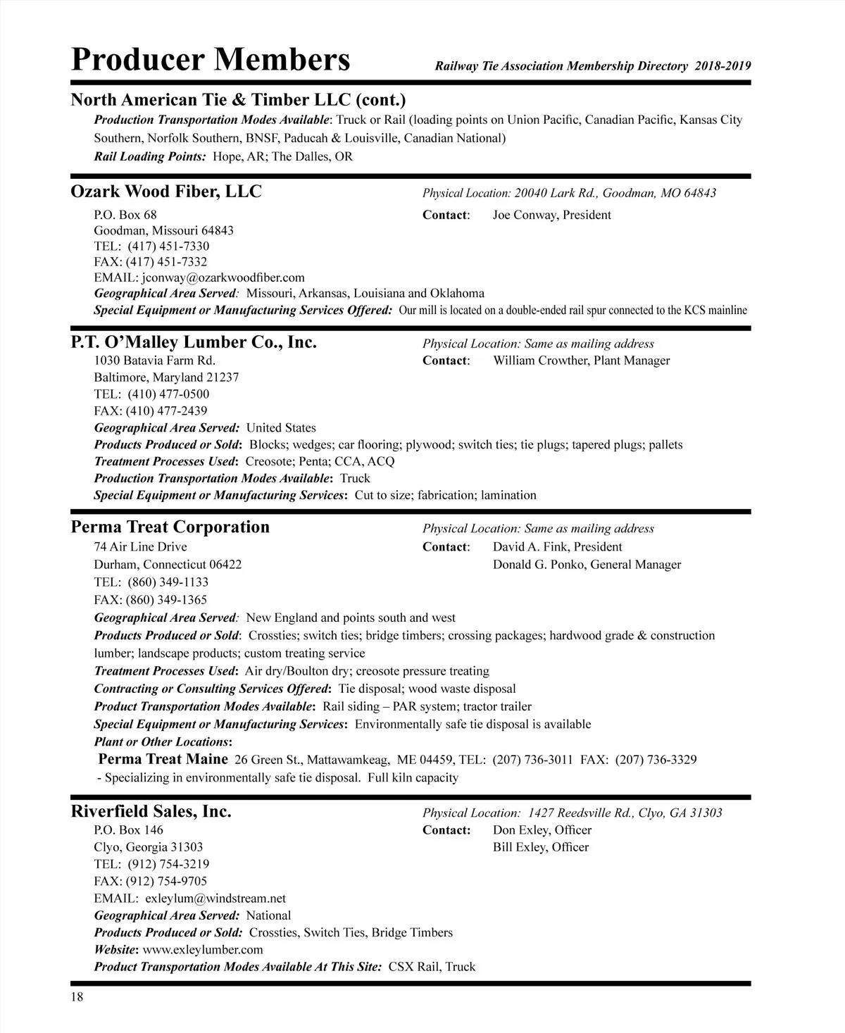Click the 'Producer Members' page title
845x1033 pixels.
click(211, 60)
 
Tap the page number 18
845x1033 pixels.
click(77, 996)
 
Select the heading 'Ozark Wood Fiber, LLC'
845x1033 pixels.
click(166, 192)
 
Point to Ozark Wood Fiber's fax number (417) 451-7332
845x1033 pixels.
click(167, 262)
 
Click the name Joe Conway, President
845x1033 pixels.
click(551, 215)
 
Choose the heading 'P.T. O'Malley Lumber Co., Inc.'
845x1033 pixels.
click(194, 342)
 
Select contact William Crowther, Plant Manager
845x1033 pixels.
click(581, 361)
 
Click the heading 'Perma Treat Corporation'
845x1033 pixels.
click(170, 527)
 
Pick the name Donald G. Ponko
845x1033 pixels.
click(540, 564)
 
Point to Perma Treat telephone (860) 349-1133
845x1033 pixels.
click(168, 582)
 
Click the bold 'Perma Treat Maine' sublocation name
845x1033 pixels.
click(163, 759)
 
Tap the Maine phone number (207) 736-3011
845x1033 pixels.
click(532, 760)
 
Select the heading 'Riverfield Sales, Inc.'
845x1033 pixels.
click(151, 811)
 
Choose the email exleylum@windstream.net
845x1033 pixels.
click(215, 899)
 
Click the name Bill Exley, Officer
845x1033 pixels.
click(540, 847)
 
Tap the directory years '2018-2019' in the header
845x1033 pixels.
click(722, 66)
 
